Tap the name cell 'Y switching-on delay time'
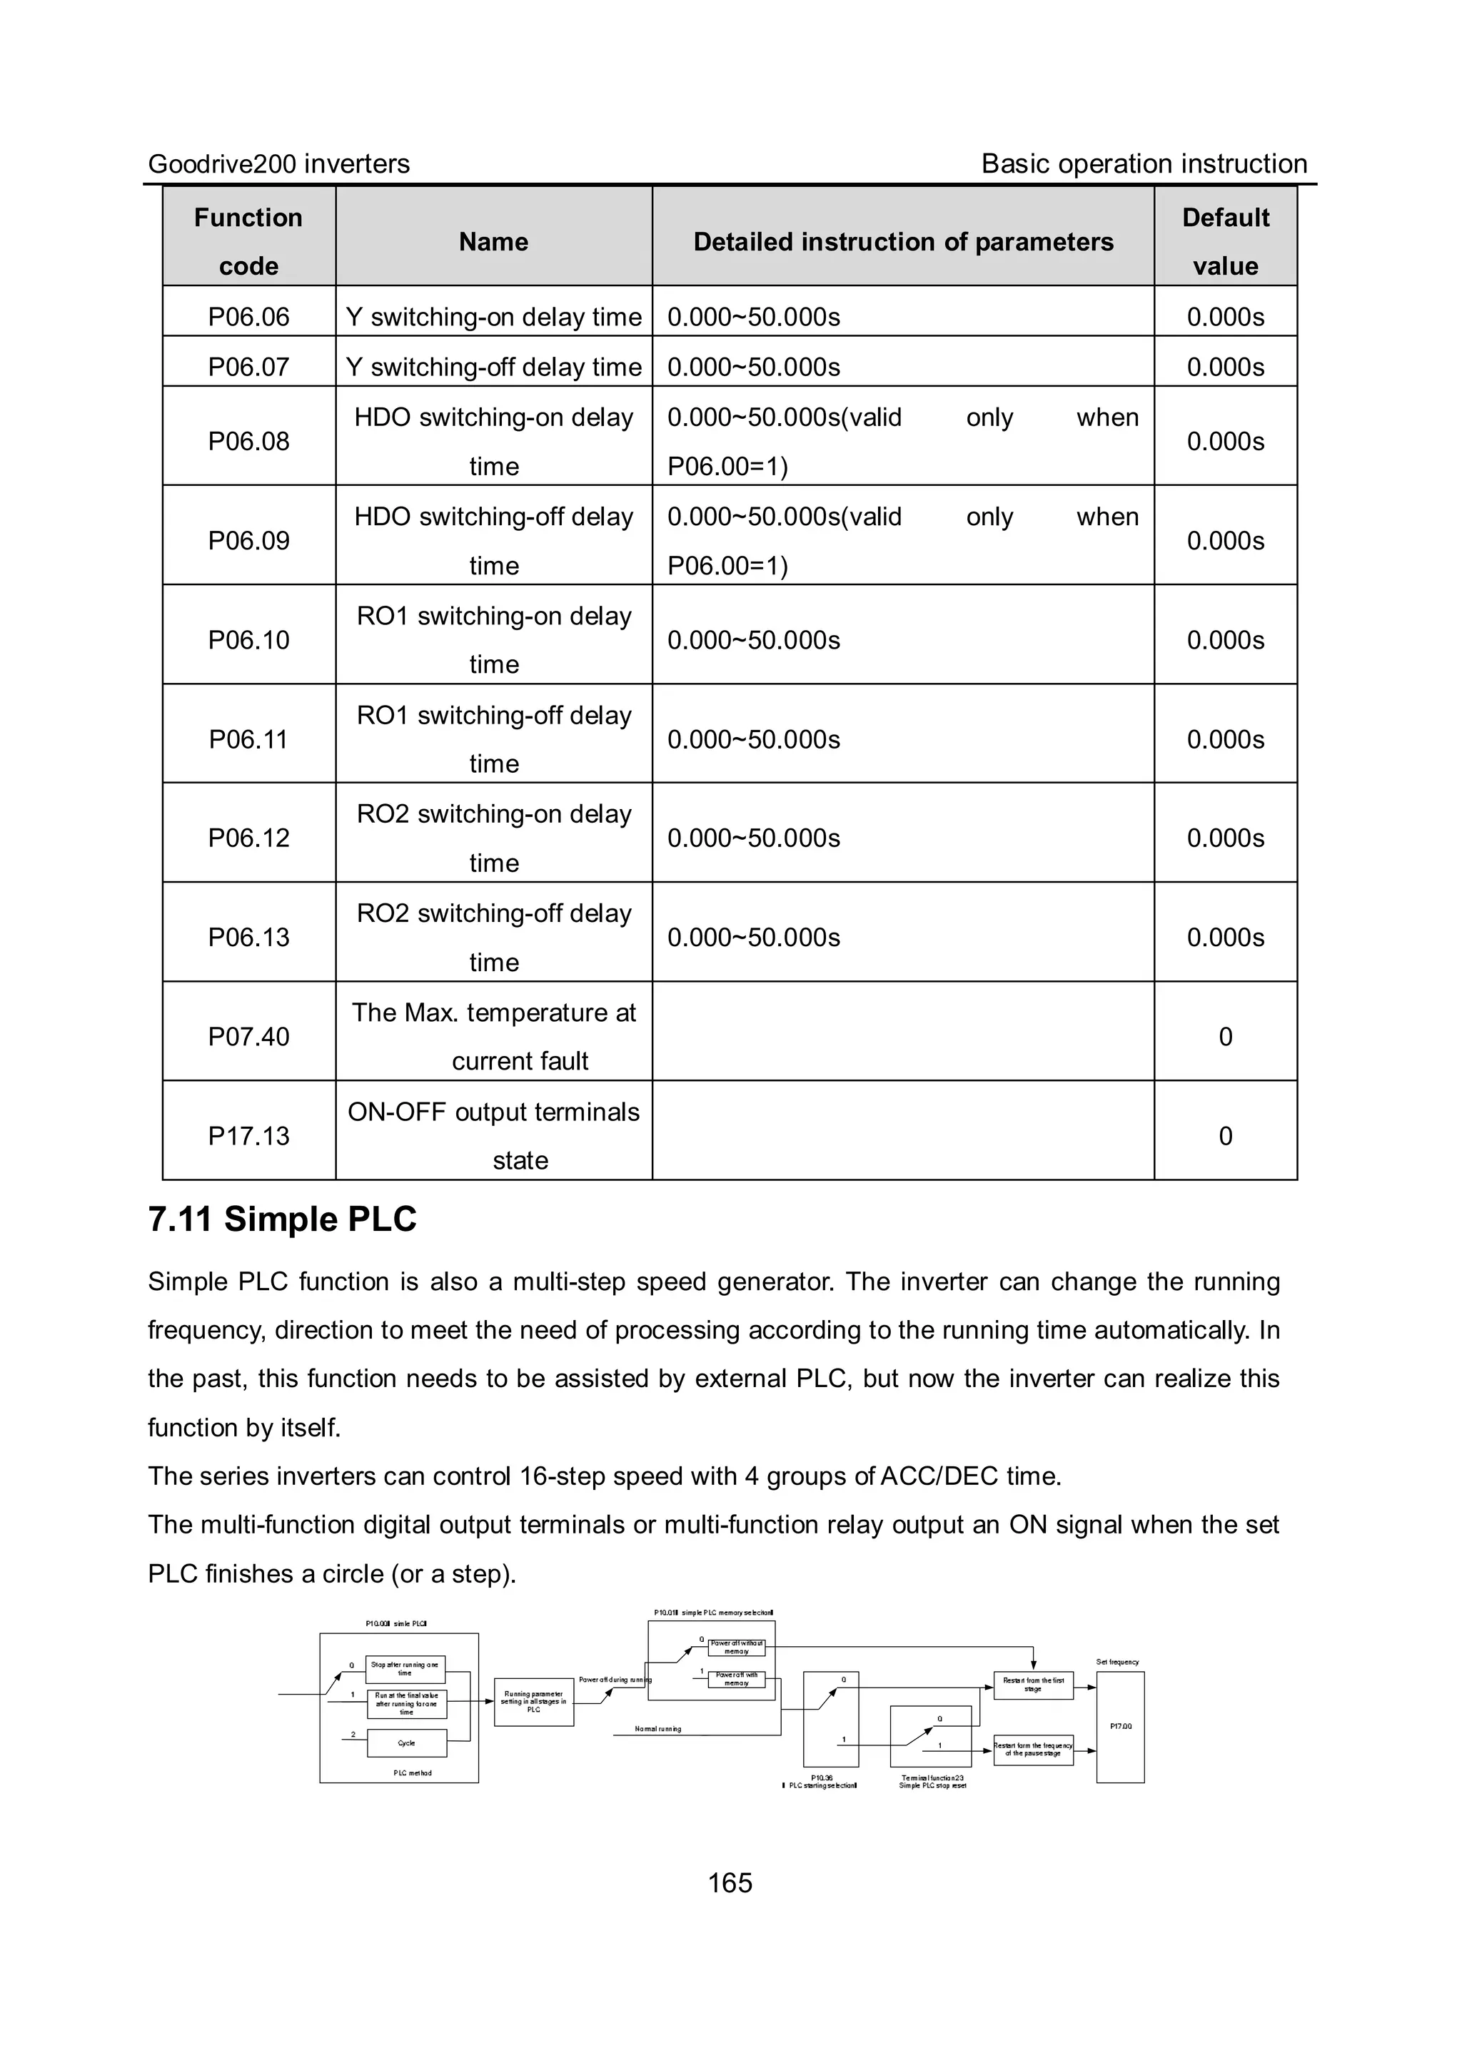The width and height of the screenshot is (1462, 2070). point(493,316)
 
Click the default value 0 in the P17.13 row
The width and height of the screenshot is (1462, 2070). point(1225,1135)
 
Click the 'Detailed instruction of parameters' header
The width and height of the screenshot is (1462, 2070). point(903,242)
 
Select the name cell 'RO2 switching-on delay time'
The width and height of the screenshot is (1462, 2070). point(493,838)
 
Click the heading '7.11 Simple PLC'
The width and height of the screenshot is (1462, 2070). point(282,1219)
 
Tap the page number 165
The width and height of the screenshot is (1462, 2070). point(730,1882)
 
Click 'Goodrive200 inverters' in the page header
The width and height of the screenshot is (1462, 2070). point(278,164)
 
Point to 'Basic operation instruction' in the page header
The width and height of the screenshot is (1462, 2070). point(1144,164)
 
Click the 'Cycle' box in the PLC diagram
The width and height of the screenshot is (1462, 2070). point(407,1742)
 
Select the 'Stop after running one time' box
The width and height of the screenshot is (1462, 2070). point(406,1669)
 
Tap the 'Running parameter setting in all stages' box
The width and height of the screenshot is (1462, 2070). point(534,1702)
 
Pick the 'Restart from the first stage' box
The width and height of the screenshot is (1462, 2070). point(1033,1684)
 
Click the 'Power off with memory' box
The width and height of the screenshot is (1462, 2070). point(737,1679)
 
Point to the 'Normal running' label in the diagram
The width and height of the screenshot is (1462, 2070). point(657,1729)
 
